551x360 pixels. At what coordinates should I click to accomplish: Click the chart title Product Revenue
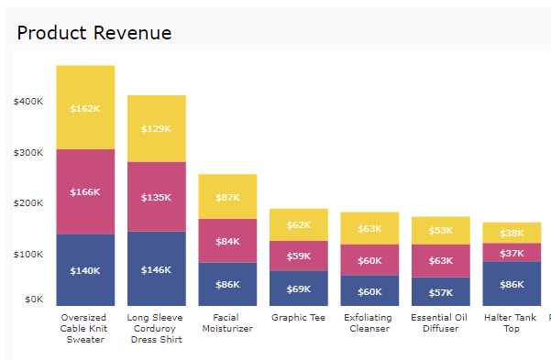pyautogui.click(x=94, y=33)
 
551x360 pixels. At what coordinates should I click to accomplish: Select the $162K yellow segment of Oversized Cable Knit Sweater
pyautogui.click(x=85, y=107)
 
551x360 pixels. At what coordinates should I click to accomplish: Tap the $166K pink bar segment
pyautogui.click(x=85, y=191)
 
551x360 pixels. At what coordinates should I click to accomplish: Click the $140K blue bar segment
pyautogui.click(x=85, y=270)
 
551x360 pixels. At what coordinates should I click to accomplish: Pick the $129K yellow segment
pyautogui.click(x=156, y=128)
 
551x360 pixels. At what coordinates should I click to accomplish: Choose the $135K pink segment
pyautogui.click(x=156, y=196)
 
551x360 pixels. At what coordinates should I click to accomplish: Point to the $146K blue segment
pyautogui.click(x=156, y=268)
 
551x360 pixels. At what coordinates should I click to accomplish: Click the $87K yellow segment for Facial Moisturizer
pyautogui.click(x=227, y=197)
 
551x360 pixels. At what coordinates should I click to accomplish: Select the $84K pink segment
pyautogui.click(x=227, y=241)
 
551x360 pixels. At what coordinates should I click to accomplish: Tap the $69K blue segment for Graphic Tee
pyautogui.click(x=298, y=288)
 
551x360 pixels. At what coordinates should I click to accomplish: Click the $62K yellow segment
pyautogui.click(x=298, y=224)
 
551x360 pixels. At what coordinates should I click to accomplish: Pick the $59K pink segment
pyautogui.click(x=298, y=256)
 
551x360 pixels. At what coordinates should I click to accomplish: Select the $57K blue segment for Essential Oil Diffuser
pyautogui.click(x=440, y=291)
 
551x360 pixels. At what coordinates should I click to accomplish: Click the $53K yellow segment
pyautogui.click(x=440, y=230)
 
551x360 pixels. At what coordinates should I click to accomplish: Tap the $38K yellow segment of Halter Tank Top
pyautogui.click(x=512, y=233)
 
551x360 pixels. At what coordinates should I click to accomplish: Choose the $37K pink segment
pyautogui.click(x=512, y=252)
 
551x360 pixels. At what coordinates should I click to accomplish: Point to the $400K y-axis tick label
pyautogui.click(x=28, y=101)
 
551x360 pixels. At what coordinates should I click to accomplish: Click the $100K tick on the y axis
pyautogui.click(x=28, y=253)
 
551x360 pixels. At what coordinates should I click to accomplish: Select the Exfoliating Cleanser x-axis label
pyautogui.click(x=369, y=323)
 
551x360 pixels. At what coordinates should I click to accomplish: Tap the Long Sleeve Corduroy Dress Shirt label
pyautogui.click(x=156, y=328)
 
